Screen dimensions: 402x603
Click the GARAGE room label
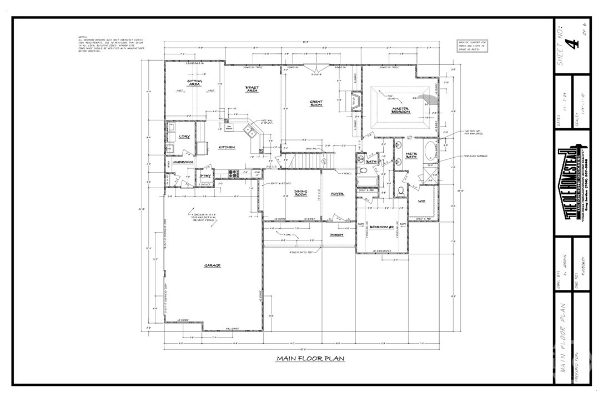click(x=212, y=265)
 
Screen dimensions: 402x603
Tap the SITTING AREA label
click(x=194, y=83)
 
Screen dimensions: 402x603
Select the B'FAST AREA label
click(x=253, y=89)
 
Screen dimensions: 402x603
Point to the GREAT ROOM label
click(x=316, y=103)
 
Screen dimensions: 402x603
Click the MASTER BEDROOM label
click(x=400, y=110)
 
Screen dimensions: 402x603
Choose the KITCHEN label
click(x=227, y=147)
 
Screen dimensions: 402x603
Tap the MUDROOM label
click(x=182, y=162)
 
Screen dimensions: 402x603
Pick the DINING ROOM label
click(x=300, y=193)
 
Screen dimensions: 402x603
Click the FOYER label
click(x=337, y=194)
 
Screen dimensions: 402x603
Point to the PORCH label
click(x=336, y=234)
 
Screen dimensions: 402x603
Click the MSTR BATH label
click(x=411, y=156)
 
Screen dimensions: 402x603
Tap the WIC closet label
click(x=421, y=201)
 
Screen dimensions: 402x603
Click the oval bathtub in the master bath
click(x=431, y=150)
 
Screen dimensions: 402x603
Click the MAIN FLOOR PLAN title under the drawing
click(x=310, y=359)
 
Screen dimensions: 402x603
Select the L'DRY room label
click(x=183, y=137)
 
